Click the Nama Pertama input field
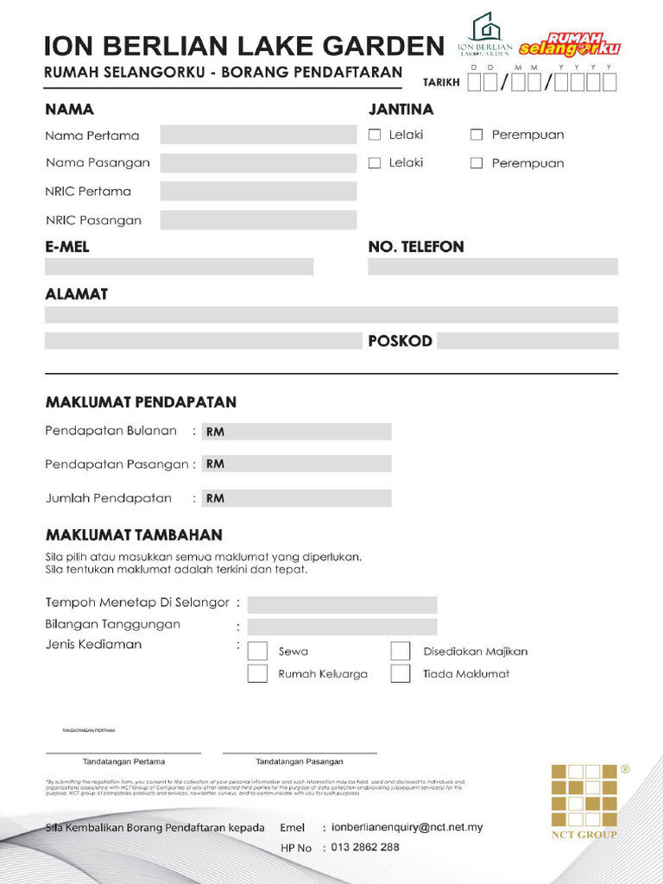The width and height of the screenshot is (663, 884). [x=258, y=135]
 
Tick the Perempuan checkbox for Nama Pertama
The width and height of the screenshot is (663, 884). [x=477, y=135]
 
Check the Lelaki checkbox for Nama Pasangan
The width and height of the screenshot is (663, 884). [x=375, y=163]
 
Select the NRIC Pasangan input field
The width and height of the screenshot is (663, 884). [x=258, y=220]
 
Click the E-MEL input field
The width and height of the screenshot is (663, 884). [x=179, y=267]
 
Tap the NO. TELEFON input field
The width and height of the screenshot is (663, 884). [x=492, y=267]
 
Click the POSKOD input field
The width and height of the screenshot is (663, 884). [x=527, y=341]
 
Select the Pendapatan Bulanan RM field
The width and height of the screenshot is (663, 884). [x=296, y=432]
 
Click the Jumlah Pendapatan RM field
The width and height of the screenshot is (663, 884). [x=296, y=498]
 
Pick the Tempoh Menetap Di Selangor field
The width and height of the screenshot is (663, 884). [x=342, y=604]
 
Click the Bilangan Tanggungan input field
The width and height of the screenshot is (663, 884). [x=342, y=627]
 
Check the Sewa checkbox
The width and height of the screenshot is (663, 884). [x=257, y=652]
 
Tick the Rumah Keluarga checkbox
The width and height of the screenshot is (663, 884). [x=257, y=674]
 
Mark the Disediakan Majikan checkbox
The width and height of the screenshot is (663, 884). [x=400, y=652]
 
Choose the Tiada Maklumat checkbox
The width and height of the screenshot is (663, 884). [x=400, y=674]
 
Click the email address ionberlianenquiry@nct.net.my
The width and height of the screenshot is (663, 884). [x=407, y=827]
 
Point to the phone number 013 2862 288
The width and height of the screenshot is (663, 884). [x=365, y=848]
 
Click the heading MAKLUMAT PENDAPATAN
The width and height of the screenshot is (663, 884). [x=141, y=402]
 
